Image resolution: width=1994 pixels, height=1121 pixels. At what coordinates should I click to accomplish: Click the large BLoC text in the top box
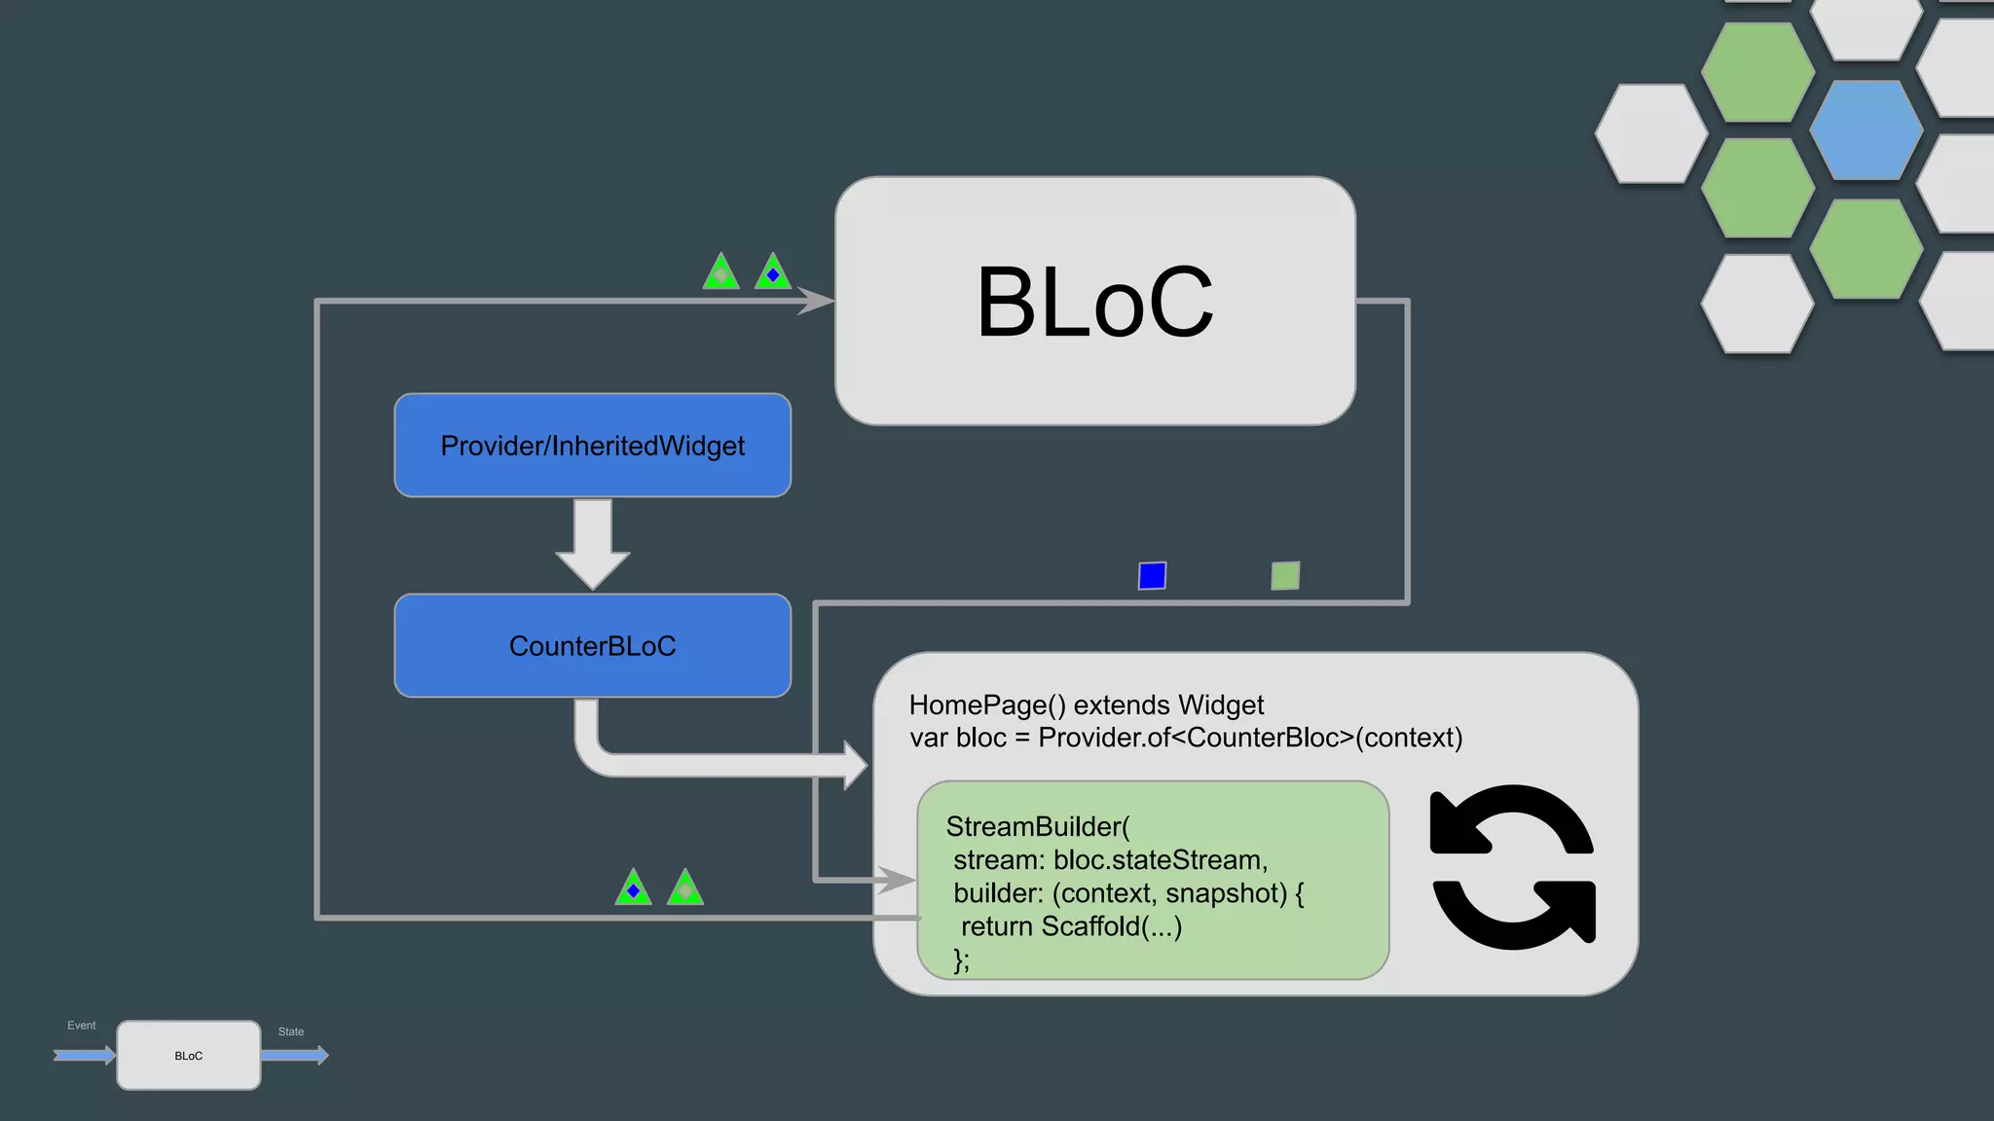tap(1094, 303)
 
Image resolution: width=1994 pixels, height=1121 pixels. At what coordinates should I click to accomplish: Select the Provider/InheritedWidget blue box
tap(592, 446)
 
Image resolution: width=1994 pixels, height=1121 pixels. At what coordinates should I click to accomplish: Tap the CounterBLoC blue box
tap(592, 645)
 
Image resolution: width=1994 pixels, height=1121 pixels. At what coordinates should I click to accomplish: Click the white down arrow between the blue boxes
tap(592, 544)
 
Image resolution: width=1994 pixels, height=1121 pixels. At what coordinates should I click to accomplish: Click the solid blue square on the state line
tap(1152, 576)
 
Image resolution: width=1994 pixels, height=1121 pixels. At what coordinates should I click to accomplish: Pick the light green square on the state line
tap(1285, 576)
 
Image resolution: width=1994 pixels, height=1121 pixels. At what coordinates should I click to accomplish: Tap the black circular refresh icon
tap(1512, 867)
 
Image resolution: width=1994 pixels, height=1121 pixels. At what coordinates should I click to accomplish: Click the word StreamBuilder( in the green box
tap(1037, 827)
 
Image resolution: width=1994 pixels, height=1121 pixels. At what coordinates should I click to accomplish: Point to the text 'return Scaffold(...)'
tap(1071, 926)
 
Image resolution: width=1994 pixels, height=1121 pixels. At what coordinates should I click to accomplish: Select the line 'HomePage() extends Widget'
tap(1086, 705)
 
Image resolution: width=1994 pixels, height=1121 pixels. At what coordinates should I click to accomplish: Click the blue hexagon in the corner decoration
tap(1865, 130)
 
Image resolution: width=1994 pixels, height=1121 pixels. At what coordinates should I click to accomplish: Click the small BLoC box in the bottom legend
tap(189, 1056)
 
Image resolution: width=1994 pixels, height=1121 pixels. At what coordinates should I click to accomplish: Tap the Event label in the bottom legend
tap(82, 1026)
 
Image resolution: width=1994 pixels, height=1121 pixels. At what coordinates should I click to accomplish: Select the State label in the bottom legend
tap(291, 1031)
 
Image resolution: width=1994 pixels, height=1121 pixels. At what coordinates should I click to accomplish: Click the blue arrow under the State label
tap(294, 1055)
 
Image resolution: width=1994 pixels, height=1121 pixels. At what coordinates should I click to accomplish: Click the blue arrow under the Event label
tap(85, 1055)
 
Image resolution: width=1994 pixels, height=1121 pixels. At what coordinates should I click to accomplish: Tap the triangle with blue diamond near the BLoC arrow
tap(773, 273)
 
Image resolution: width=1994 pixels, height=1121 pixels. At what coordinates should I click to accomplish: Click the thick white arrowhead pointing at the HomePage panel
tap(854, 765)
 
